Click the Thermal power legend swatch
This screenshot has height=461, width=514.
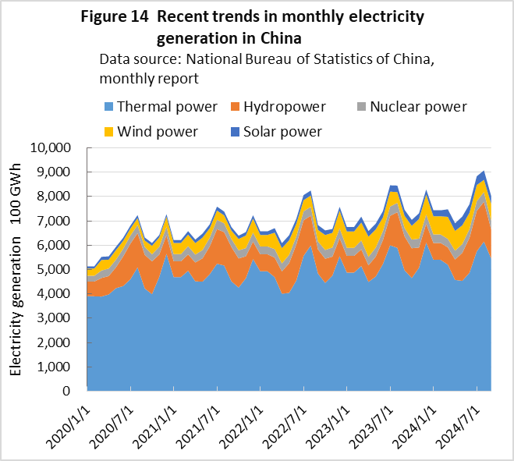(109, 107)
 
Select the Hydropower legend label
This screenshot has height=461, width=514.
(286, 107)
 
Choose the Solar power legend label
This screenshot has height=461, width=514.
(282, 131)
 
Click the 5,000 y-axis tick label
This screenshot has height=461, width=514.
(57, 269)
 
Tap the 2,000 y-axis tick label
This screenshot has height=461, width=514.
(57, 342)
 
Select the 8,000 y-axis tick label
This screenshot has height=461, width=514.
(57, 197)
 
